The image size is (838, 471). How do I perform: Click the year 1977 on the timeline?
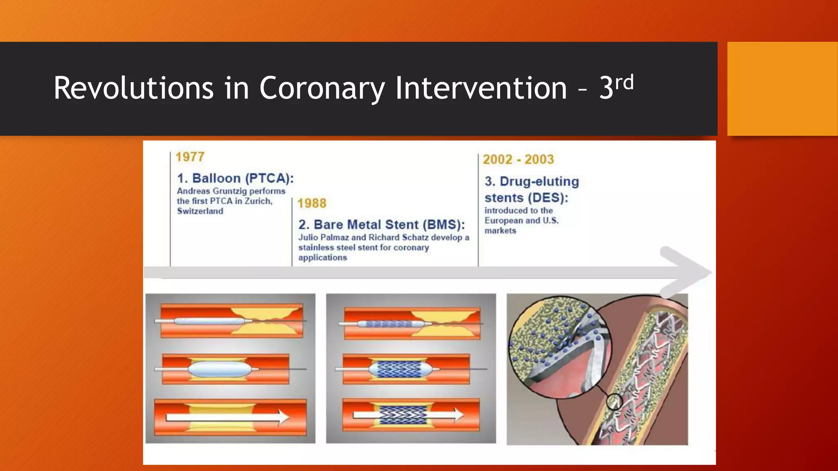click(190, 157)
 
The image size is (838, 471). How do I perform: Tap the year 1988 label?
click(312, 203)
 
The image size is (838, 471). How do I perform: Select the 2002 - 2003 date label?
click(518, 159)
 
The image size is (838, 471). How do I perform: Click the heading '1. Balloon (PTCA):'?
click(235, 178)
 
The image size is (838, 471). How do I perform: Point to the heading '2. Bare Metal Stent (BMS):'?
click(381, 224)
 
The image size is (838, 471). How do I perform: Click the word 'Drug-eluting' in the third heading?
click(539, 182)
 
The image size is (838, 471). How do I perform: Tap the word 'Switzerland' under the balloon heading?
click(200, 211)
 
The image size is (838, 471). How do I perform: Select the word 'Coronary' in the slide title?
click(322, 88)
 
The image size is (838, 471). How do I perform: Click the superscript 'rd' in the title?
click(624, 83)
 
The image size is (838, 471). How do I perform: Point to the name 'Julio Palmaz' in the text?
click(323, 238)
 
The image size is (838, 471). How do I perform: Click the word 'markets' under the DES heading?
click(500, 231)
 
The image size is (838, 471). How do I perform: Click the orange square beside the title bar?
click(782, 88)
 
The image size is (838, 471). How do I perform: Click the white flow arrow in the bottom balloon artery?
click(227, 417)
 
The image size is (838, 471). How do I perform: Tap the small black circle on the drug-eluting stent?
click(614, 402)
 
